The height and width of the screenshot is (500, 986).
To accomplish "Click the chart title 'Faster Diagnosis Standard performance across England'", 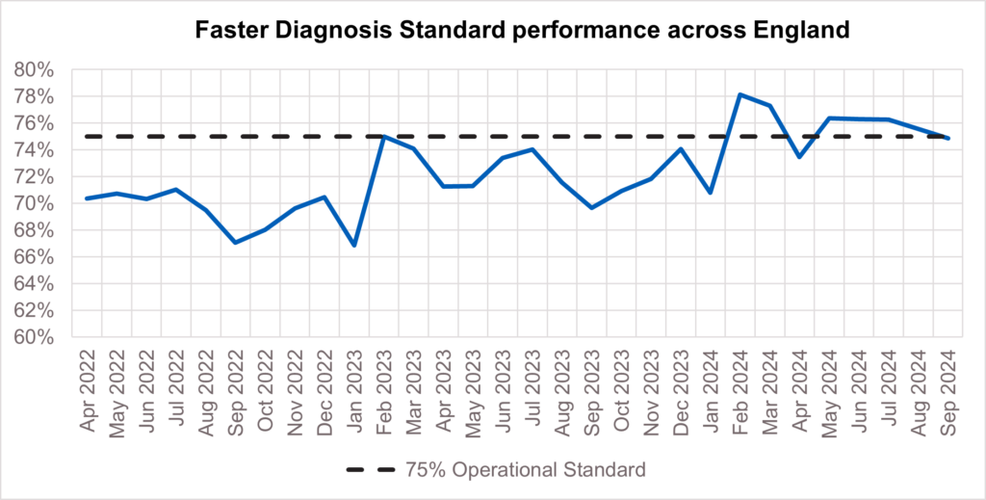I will point(522,30).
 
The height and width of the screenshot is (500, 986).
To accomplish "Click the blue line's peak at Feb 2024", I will point(739,94).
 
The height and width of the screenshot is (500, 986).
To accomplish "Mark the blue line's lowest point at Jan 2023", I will point(354,245).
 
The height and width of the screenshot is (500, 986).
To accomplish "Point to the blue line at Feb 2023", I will point(383,137).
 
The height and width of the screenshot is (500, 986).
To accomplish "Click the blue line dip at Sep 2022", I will point(235,242).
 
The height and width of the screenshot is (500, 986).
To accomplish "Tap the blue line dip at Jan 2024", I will point(710,193).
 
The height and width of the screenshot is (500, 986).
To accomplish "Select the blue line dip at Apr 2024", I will point(798,157).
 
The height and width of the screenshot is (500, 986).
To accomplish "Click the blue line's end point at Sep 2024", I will point(948,139).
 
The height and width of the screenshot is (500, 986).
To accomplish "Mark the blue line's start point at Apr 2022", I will point(88,198).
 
